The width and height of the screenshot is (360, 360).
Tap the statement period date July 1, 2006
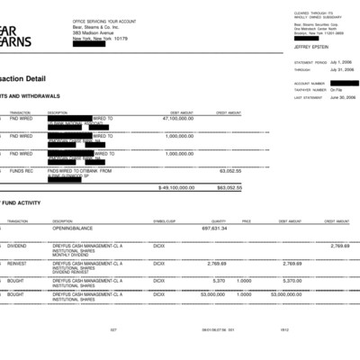click(x=342, y=62)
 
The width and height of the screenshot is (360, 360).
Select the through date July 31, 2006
click(x=342, y=69)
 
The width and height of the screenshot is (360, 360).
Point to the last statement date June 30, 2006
click(x=342, y=96)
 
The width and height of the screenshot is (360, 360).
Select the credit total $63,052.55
click(x=229, y=188)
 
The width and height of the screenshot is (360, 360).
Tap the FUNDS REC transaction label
click(x=22, y=169)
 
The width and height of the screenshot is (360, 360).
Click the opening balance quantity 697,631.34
click(x=209, y=229)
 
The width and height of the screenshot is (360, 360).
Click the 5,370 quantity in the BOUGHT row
click(x=220, y=280)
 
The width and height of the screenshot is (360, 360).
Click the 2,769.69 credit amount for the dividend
click(x=338, y=245)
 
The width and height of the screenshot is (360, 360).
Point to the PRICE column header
click(x=246, y=220)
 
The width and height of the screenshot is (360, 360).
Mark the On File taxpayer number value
click(x=336, y=89)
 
